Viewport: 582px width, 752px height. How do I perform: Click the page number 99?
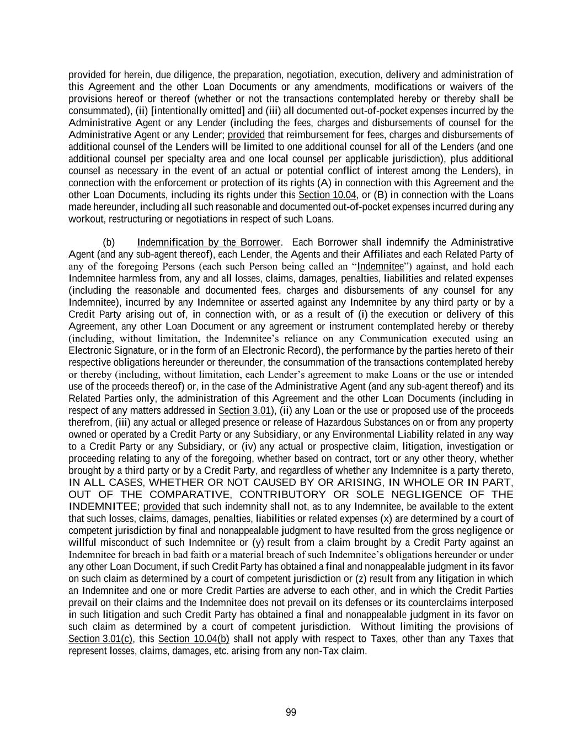click(291, 712)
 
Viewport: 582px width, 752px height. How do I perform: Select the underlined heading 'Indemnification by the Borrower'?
click(209, 243)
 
